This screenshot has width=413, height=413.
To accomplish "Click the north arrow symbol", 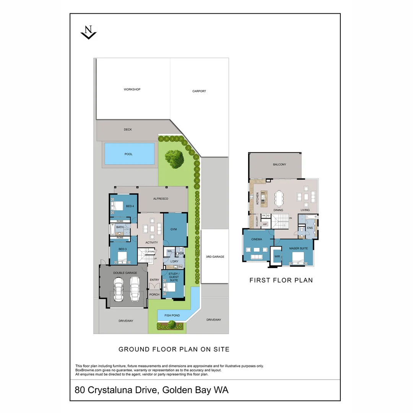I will (89, 32).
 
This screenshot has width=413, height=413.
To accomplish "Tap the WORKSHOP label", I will (132, 89).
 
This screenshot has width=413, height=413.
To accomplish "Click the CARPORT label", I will (199, 91).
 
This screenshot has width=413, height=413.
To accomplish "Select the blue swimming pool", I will (128, 154).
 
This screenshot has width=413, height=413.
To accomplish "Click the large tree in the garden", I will (174, 159).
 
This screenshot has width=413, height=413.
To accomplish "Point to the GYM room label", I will (176, 229).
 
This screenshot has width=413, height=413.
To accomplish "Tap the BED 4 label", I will (130, 206).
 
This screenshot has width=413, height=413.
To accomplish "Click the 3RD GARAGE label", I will (215, 257).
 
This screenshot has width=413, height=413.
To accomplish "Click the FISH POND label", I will (172, 315).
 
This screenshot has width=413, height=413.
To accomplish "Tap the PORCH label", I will (154, 294).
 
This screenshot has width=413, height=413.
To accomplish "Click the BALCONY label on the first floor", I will (279, 164).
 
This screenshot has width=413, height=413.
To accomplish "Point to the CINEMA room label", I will (257, 239).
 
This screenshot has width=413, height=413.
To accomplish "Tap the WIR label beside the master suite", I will (277, 257).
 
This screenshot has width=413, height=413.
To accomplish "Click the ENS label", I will (310, 228).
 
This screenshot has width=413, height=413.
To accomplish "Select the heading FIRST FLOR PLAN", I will (281, 280).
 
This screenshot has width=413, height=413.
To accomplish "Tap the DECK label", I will (128, 130).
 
